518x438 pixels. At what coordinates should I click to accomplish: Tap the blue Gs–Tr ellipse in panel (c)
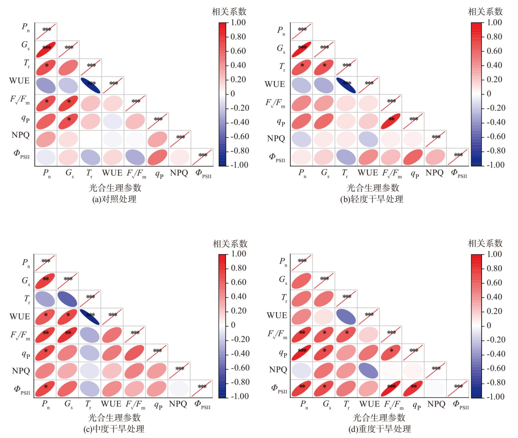click(67, 299)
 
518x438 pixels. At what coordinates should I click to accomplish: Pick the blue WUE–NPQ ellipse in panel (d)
click(368, 370)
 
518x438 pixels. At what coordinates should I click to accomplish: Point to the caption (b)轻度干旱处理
click(372, 199)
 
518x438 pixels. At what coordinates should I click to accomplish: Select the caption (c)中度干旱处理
click(114, 429)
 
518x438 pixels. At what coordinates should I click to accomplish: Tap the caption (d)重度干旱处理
click(380, 429)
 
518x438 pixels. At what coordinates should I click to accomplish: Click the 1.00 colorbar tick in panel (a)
click(238, 22)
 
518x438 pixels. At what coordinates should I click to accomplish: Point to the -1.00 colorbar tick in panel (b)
click(494, 165)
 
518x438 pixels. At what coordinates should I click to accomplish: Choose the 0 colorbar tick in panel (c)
click(233, 325)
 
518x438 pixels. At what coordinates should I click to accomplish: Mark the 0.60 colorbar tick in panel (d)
click(494, 282)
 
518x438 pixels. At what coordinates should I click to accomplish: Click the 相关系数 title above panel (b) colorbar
click(485, 11)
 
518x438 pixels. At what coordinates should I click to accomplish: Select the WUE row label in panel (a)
click(19, 81)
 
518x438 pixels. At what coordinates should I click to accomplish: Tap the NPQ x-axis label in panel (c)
click(178, 404)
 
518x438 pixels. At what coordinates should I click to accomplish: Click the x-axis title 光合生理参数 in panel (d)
click(379, 418)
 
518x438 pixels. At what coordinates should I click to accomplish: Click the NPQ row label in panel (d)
click(278, 369)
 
